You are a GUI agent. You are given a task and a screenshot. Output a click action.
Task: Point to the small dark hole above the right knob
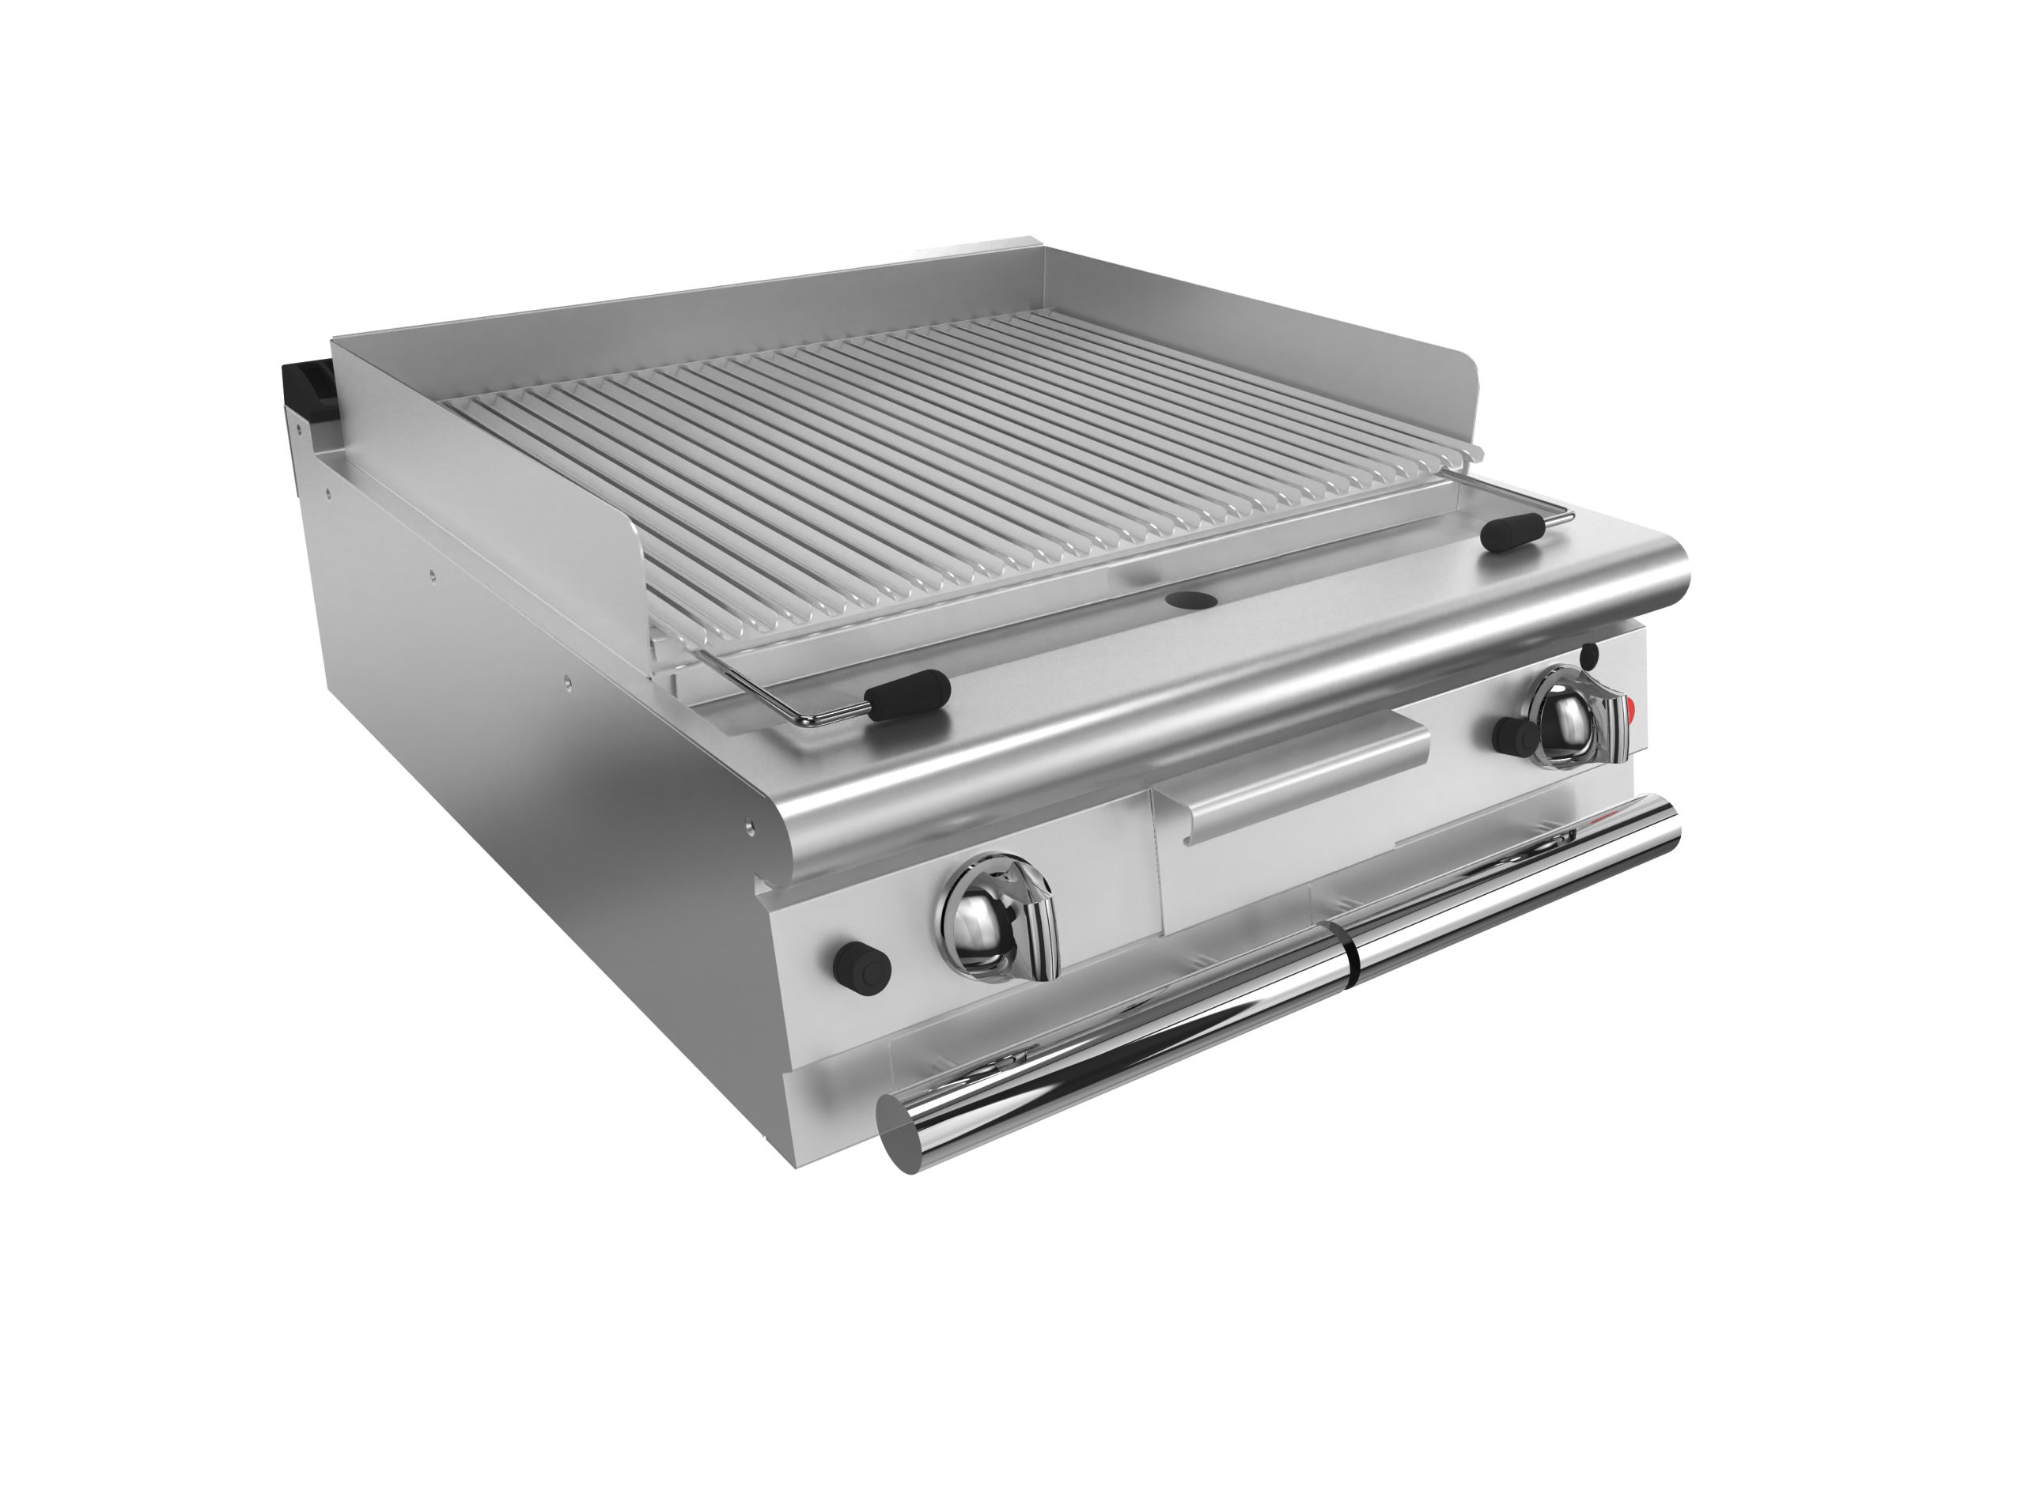coord(1588,653)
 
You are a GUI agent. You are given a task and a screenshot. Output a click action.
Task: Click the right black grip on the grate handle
coord(1509,532)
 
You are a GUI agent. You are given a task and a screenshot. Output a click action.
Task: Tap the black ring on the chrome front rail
coord(1352,950)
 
